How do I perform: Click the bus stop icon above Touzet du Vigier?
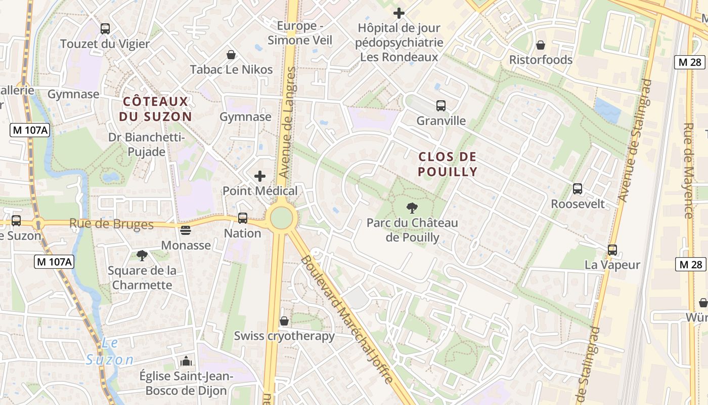tap(105, 29)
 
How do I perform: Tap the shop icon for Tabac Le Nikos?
tap(231, 55)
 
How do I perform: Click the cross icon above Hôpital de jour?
tap(399, 13)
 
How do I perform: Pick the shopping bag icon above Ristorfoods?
tap(541, 45)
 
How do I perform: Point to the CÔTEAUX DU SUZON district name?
tap(156, 109)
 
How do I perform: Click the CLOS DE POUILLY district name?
tap(448, 164)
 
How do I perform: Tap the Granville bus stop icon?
tap(441, 106)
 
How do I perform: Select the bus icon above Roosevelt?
tap(578, 189)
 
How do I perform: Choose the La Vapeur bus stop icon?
tap(612, 250)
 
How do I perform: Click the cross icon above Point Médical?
tap(260, 176)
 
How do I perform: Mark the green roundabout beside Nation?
tap(282, 218)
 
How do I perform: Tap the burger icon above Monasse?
tap(186, 230)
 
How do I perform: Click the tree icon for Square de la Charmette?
tap(142, 256)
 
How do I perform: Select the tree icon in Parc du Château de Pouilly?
tap(412, 208)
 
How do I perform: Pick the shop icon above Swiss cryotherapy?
tap(284, 321)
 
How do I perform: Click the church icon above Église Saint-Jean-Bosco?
tap(186, 361)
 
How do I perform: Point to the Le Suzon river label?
tap(110, 352)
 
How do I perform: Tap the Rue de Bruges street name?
tap(111, 224)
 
